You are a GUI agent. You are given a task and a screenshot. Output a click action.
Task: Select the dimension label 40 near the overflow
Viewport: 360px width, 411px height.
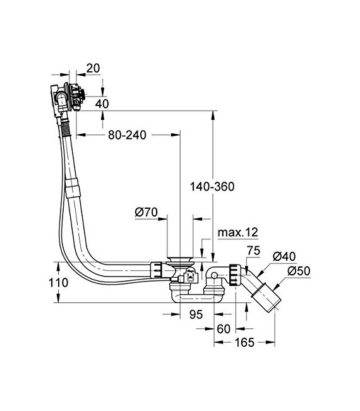[101, 103]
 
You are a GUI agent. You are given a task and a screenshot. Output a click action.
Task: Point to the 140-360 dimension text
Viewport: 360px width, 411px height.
[213, 186]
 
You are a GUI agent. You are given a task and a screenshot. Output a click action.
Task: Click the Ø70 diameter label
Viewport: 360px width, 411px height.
[145, 212]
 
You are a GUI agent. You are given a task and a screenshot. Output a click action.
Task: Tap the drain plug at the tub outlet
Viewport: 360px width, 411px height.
[180, 259]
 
